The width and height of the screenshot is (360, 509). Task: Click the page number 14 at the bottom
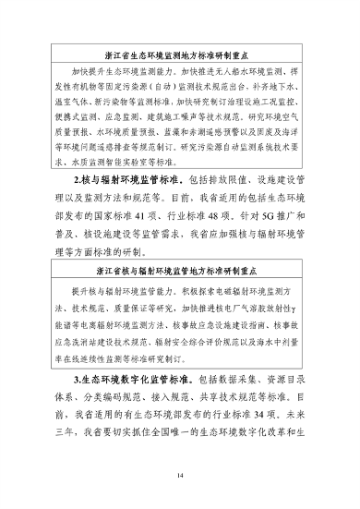[180, 475]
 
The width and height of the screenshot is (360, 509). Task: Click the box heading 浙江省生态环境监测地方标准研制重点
[179, 55]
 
